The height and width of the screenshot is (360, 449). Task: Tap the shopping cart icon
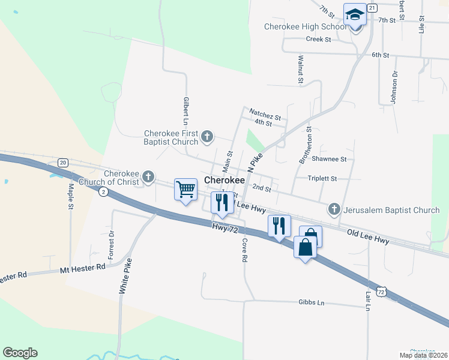click(x=185, y=190)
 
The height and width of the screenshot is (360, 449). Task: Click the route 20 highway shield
click(x=63, y=163)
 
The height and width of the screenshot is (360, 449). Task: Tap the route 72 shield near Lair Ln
click(x=381, y=292)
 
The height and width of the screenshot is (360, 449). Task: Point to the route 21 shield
click(x=372, y=8)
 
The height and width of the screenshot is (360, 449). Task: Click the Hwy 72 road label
click(x=225, y=228)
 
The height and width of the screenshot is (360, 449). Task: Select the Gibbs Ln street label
click(x=311, y=303)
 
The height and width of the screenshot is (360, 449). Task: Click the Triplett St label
click(x=322, y=178)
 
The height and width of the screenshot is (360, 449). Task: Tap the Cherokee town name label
click(x=224, y=180)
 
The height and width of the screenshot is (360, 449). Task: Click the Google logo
click(x=20, y=353)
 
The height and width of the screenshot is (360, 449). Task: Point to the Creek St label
click(x=318, y=40)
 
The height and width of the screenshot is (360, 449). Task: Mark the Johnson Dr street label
click(x=394, y=88)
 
